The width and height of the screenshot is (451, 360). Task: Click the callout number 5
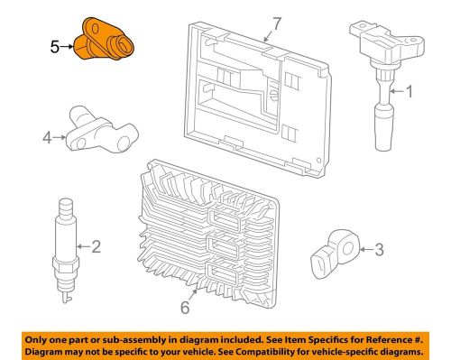(x=54, y=47)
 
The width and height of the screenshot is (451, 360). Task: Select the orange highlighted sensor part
(x=104, y=39)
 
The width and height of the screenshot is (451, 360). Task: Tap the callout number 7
(x=276, y=24)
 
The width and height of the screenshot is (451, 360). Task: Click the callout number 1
(x=410, y=91)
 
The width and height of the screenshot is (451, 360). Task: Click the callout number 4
(x=48, y=138)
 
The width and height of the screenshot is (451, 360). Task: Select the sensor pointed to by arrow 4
(x=102, y=130)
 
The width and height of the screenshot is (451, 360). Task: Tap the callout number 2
(x=96, y=246)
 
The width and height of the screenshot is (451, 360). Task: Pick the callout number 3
(x=379, y=250)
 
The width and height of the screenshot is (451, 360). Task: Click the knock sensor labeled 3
(x=335, y=254)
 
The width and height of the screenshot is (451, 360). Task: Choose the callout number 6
(x=185, y=308)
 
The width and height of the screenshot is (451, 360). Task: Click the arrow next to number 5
(x=67, y=47)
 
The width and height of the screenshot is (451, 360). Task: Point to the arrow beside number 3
(x=366, y=249)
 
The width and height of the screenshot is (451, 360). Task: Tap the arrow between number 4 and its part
(x=60, y=138)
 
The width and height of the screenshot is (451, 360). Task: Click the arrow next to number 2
(x=83, y=246)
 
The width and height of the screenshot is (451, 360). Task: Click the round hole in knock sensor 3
(x=348, y=249)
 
